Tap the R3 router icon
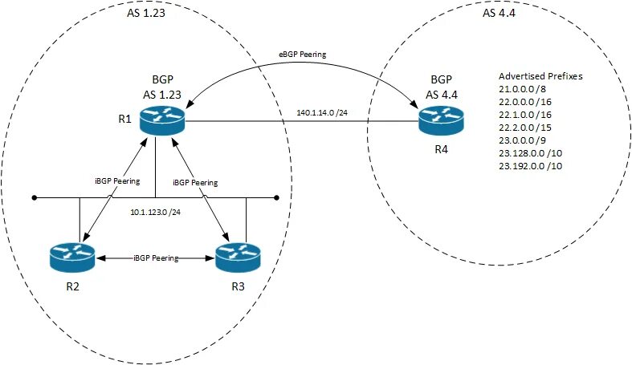239,258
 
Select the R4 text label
442,149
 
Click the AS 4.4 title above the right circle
499,13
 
